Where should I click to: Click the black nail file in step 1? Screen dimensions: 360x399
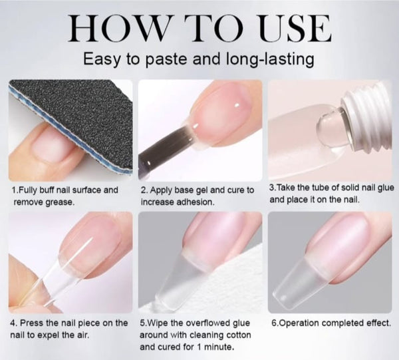[x=73, y=113]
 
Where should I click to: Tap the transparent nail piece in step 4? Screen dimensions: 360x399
[x=43, y=279]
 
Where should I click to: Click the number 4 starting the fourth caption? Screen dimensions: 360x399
[x=14, y=323]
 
